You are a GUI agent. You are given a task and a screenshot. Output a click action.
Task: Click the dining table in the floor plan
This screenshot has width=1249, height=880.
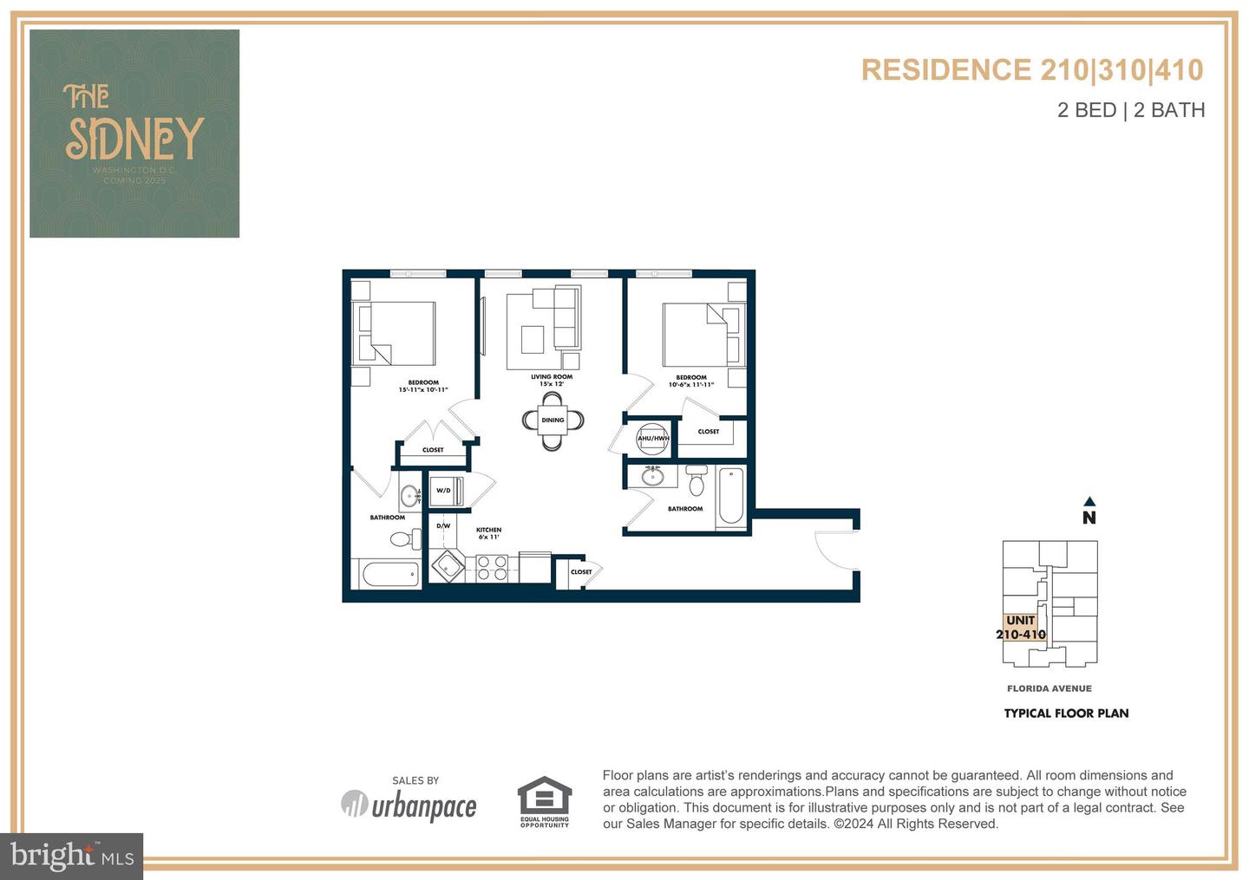point(553,420)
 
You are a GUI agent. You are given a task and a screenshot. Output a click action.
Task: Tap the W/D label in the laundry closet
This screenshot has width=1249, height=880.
point(443,491)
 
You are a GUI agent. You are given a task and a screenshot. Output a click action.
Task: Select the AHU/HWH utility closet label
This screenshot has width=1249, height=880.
point(653,438)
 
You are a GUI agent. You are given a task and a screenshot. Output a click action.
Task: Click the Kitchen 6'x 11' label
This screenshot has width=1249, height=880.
point(488,533)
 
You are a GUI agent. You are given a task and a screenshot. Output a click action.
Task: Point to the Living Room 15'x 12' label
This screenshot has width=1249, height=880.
point(552,380)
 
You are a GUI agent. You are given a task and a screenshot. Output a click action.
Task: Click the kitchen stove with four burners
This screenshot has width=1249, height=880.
point(492,568)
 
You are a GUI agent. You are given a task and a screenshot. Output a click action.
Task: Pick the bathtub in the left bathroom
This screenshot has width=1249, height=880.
point(388,574)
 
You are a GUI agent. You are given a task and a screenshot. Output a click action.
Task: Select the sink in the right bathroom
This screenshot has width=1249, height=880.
point(652,475)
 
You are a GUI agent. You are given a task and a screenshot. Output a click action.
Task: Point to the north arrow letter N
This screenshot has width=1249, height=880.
point(1089,518)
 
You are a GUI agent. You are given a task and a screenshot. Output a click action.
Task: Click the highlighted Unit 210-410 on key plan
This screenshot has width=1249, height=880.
point(1021,627)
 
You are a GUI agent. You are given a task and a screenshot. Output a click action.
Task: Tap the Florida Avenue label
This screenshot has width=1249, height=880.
point(1050,688)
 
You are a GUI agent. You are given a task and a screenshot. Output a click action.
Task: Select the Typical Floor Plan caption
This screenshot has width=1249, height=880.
point(1066,714)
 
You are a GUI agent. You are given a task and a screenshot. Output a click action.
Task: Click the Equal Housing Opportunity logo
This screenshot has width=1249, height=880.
point(545,801)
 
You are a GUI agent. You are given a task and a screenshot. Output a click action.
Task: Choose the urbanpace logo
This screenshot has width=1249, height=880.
point(409,805)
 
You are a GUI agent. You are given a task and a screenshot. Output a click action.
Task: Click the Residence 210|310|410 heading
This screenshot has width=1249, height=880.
point(1032,70)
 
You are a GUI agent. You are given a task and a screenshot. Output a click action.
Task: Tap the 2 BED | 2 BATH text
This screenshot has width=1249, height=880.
point(1131,110)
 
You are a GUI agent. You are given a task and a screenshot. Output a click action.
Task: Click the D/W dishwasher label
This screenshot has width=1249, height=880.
point(443,525)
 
